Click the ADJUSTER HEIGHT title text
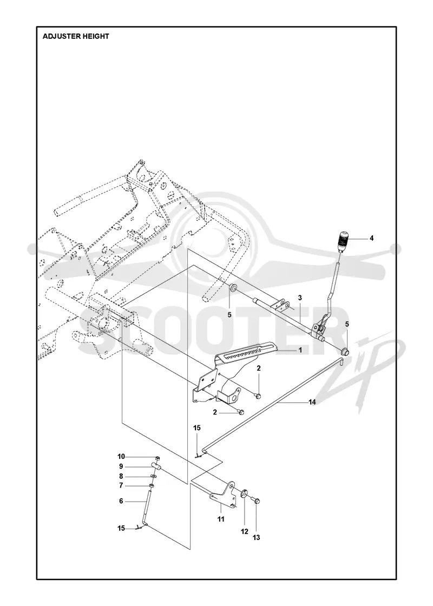click(x=76, y=36)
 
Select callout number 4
click(x=371, y=238)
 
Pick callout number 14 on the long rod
click(x=312, y=402)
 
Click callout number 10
click(x=121, y=457)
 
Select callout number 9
click(x=121, y=466)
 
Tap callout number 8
click(x=121, y=476)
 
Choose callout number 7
click(x=121, y=485)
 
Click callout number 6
click(x=121, y=501)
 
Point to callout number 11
click(x=221, y=519)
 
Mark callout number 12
click(x=244, y=531)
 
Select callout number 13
click(x=257, y=537)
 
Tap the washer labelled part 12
click(x=244, y=493)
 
